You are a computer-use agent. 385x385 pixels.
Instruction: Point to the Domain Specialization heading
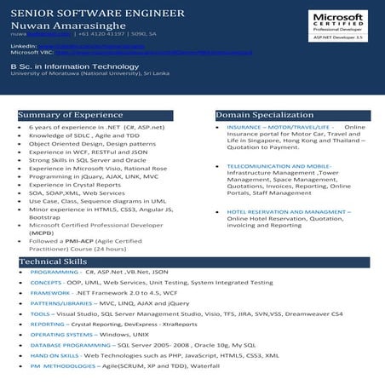(259, 114)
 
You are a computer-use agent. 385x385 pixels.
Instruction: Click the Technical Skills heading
(53, 261)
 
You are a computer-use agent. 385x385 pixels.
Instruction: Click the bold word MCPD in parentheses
(42, 232)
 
